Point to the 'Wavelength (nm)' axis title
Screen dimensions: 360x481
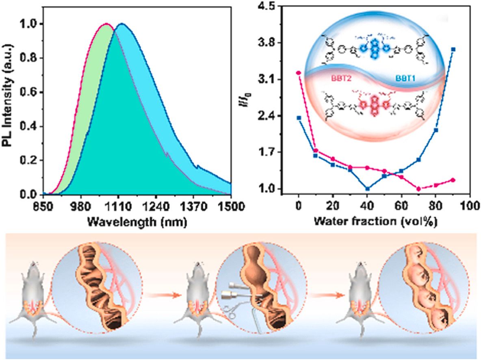point(137,222)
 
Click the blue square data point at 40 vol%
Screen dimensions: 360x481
point(367,189)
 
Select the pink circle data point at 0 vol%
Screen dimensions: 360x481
point(299,73)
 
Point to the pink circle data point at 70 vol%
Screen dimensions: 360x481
point(418,189)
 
